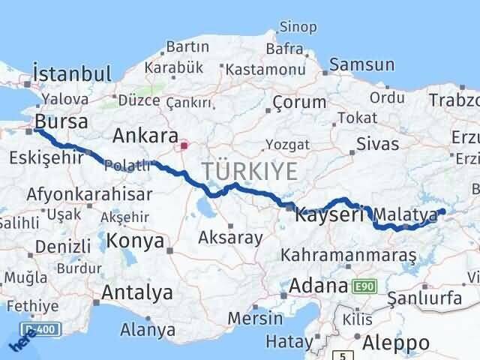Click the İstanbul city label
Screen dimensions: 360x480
coord(72,74)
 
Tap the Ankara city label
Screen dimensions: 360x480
coord(145,136)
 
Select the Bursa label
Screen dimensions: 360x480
coord(61,121)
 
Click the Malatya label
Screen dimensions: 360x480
coord(409,216)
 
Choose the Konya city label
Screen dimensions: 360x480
coord(136,241)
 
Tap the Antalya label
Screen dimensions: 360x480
coord(137,292)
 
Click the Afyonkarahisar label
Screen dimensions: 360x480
coord(88,194)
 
